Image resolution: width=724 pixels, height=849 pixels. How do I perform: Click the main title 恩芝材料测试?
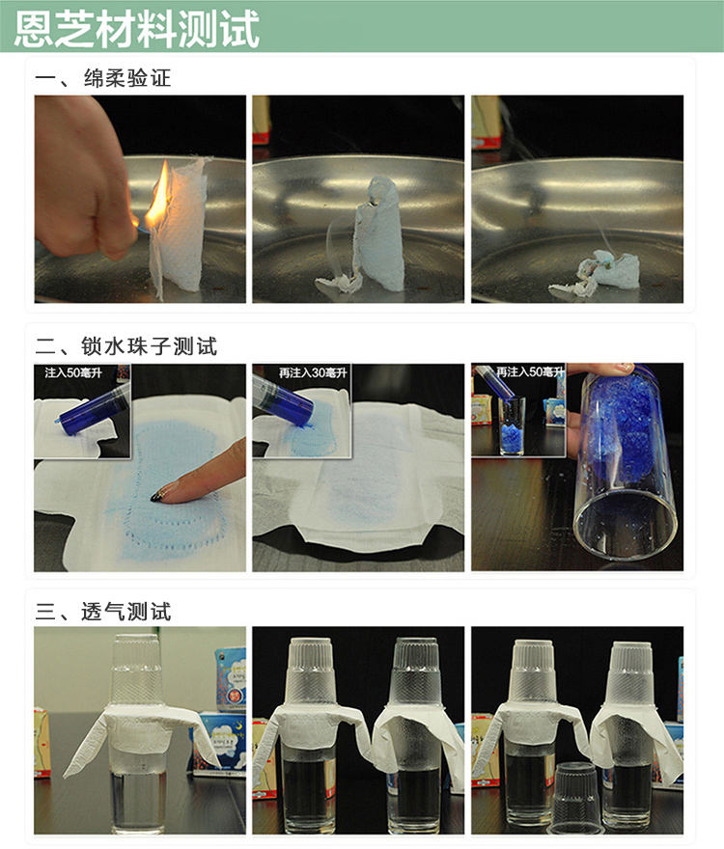tap(136, 29)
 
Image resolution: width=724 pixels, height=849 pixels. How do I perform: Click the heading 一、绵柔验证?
tap(103, 78)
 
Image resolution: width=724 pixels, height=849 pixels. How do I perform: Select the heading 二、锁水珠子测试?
tap(126, 346)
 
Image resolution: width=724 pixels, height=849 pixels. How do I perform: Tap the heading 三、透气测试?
tap(103, 612)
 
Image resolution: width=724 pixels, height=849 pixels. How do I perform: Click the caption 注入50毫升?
tap(73, 372)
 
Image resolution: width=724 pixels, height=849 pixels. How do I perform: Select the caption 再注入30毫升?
tap(313, 372)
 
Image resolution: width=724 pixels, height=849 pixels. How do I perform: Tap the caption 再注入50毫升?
tap(531, 371)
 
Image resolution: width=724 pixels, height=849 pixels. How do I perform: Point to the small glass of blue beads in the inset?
tap(512, 426)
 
